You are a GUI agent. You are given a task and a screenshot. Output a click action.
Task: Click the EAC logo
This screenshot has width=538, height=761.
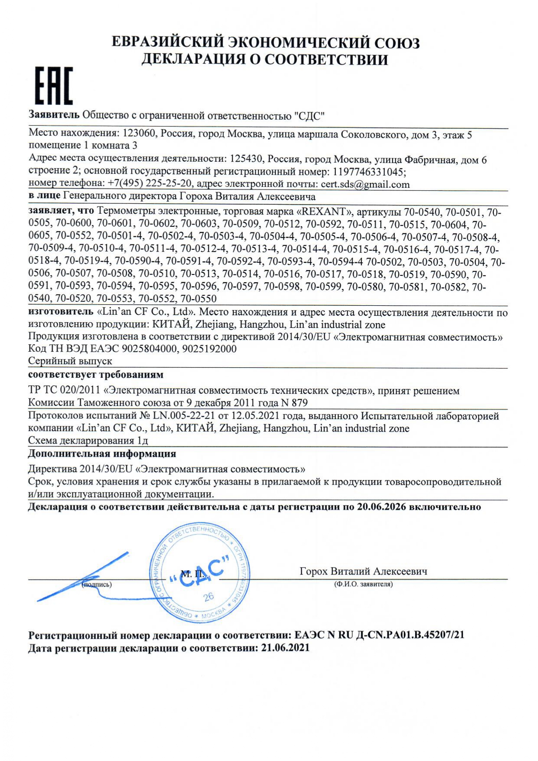(x=53, y=86)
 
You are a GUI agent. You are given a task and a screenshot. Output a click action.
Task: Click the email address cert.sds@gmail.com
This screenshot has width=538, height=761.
(x=365, y=184)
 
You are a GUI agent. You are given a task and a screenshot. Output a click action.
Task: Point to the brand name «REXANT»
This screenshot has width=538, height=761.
(x=323, y=212)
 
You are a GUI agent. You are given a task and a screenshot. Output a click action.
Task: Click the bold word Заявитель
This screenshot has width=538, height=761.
(x=54, y=115)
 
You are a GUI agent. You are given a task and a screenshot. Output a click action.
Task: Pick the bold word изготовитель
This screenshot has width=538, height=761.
(x=61, y=312)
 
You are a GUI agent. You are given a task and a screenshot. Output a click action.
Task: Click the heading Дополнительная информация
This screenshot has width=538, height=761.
(x=102, y=454)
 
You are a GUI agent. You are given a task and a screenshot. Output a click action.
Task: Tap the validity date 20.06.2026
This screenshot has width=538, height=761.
(x=381, y=507)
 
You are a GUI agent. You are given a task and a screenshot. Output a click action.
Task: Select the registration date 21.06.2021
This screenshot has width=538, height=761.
(x=285, y=648)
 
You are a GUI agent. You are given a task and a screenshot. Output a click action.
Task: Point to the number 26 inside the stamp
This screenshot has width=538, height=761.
(x=209, y=597)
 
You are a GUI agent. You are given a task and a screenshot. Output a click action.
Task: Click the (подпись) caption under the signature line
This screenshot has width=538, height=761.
(x=97, y=585)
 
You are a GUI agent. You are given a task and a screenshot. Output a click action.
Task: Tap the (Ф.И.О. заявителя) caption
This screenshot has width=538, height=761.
(x=363, y=584)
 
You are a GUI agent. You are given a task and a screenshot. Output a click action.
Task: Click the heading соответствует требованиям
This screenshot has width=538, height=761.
(x=96, y=374)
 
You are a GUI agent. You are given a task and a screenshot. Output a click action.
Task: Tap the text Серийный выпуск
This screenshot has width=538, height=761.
(x=70, y=361)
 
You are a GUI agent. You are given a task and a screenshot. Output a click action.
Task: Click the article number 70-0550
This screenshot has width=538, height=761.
(x=198, y=299)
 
